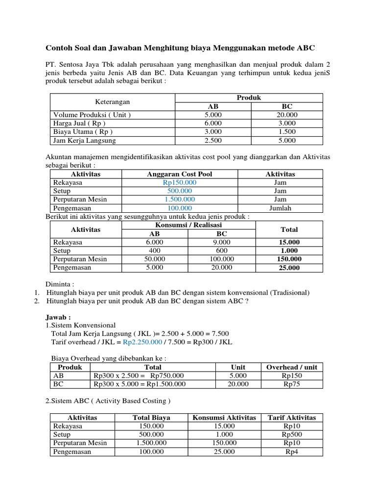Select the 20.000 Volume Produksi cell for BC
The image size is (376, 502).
287,114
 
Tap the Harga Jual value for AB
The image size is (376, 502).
213,123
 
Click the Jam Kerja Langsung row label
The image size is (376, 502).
84,141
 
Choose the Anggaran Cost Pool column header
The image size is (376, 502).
180,174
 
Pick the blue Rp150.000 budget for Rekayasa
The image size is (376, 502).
180,182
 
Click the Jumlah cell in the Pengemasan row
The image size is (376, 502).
280,208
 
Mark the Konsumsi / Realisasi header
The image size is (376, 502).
188,225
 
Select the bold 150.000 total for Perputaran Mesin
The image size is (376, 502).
289,259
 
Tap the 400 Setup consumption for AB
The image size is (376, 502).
154,251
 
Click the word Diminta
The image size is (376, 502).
61,284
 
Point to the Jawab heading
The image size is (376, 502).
58,317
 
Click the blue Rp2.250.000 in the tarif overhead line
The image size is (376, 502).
142,342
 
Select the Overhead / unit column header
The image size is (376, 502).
291,367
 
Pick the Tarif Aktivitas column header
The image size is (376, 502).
292,418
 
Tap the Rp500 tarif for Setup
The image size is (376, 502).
292,435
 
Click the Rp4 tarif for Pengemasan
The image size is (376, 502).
292,452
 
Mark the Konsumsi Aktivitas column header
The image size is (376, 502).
224,418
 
